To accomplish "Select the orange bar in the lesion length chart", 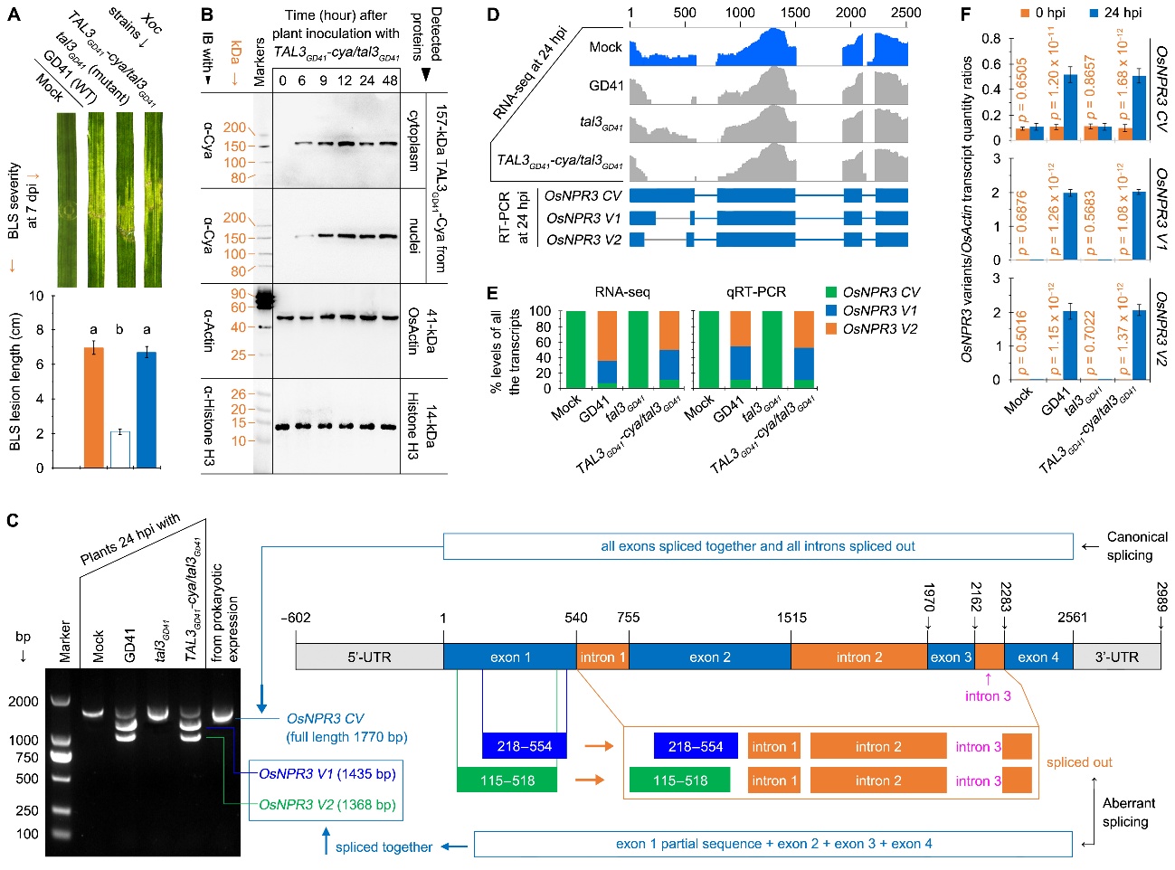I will [93, 407].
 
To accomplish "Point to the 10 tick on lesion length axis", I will [36, 296].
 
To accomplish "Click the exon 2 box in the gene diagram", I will [709, 657].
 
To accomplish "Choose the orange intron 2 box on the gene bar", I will [858, 657].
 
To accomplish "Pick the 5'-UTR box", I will [369, 657].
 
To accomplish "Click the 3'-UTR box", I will [1116, 657].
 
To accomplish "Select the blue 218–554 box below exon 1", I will [524, 746].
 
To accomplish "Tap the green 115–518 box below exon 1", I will [507, 780].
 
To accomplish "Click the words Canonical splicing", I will [1136, 546].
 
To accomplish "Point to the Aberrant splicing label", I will [1128, 812].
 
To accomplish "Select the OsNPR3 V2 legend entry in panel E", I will [879, 329].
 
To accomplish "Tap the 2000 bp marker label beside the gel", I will [24, 701].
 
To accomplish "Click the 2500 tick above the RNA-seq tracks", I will [905, 13].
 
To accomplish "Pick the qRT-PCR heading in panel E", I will [755, 292].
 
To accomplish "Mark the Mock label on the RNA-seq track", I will [605, 47].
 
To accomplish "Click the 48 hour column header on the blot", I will [389, 80].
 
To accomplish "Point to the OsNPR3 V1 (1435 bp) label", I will [327, 774].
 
